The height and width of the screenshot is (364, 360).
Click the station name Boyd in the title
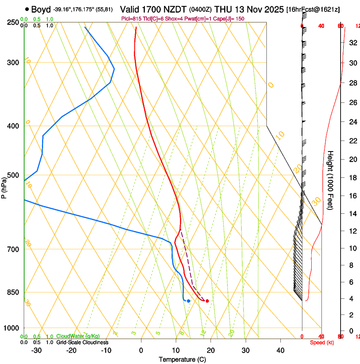pos(41,9)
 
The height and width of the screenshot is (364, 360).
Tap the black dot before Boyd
pos(27,9)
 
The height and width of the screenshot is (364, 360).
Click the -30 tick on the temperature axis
pos(36,350)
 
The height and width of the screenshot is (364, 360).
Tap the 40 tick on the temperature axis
pos(280,350)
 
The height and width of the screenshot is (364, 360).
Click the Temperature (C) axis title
pos(182,359)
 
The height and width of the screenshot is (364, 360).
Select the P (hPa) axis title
pos(4,187)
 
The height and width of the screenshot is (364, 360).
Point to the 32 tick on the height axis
pos(352,43)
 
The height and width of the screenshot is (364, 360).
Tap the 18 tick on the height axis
pos(352,178)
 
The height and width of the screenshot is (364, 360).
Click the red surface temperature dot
pos(207,301)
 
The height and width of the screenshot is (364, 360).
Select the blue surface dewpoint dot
pos(188,301)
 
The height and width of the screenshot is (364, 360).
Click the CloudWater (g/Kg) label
pos(78,336)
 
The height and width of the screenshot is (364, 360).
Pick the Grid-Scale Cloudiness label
pos(82,342)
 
